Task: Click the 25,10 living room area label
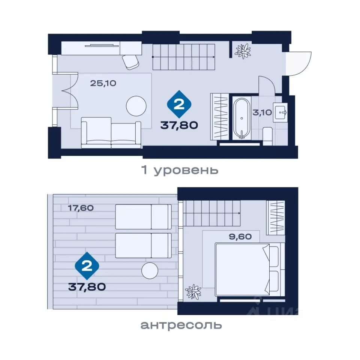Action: (x=103, y=83)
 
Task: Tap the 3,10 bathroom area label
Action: (x=262, y=112)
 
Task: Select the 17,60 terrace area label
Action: (x=81, y=208)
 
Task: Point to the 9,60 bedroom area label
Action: (x=240, y=237)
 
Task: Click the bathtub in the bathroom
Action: (x=241, y=118)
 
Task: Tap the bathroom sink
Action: (x=280, y=112)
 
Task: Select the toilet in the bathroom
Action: (x=267, y=136)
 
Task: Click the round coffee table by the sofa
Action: (x=136, y=106)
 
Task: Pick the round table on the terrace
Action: (x=150, y=271)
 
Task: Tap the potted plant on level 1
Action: (x=243, y=51)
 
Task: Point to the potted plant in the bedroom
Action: (x=193, y=292)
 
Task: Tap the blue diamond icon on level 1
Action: (x=179, y=105)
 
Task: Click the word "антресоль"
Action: (x=181, y=325)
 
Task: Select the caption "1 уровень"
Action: (x=180, y=170)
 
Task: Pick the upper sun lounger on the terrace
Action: (x=143, y=217)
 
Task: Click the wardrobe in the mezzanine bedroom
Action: (x=276, y=217)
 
